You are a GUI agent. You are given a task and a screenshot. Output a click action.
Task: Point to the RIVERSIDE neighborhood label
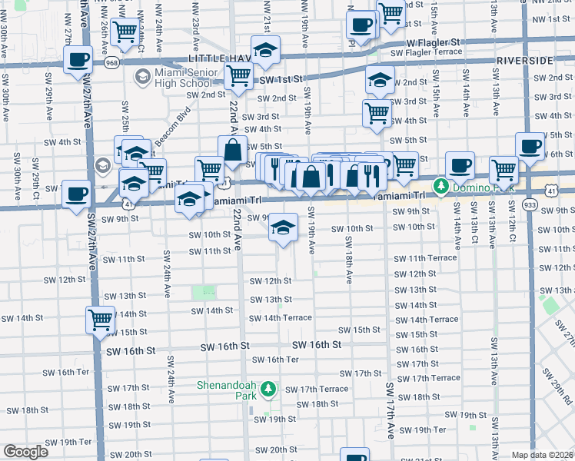(525, 60)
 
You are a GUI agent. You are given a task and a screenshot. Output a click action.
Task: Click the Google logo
(25, 452)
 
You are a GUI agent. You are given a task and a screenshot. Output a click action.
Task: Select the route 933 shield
(529, 205)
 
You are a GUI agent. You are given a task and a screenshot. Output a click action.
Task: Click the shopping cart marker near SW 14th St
(100, 318)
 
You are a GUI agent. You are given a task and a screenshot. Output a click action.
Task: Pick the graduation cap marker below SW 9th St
(283, 227)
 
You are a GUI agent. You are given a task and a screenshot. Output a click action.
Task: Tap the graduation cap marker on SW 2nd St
(380, 78)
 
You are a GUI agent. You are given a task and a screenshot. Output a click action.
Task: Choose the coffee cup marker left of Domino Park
(460, 165)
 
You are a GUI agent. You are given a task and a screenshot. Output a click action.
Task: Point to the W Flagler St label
(433, 42)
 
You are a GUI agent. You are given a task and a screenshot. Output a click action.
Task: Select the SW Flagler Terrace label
(429, 53)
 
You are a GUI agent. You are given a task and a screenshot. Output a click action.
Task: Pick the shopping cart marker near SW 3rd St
(377, 112)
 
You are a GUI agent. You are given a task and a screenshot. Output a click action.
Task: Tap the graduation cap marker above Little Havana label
(266, 51)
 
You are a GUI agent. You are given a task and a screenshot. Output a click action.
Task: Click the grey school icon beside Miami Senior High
(141, 77)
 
